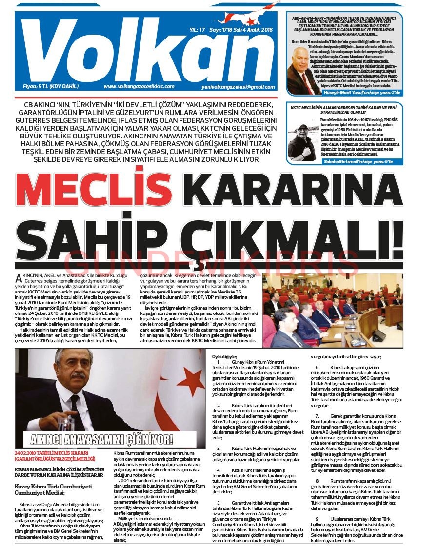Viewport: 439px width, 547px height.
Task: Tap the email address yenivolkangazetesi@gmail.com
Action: point(238,87)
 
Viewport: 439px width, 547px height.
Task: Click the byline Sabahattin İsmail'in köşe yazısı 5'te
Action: point(361,161)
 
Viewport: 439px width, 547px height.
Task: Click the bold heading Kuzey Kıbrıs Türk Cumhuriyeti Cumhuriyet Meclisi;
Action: point(50,489)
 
